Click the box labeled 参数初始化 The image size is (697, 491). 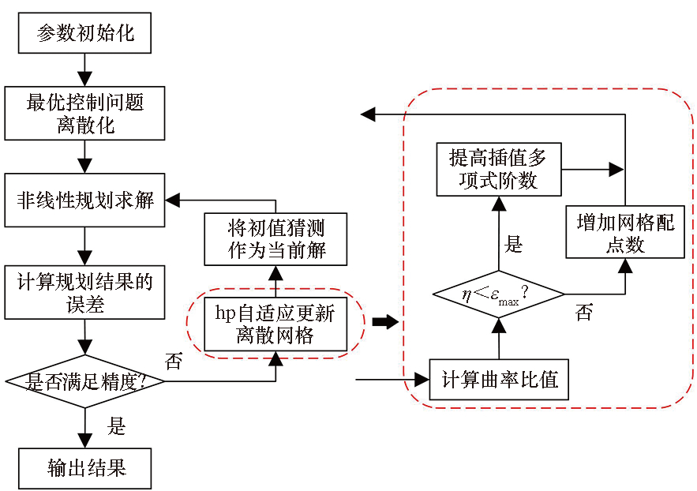(84, 34)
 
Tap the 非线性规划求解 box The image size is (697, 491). (84, 201)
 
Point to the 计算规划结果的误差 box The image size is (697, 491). (84, 292)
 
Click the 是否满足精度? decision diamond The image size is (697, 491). (84, 382)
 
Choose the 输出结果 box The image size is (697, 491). (84, 468)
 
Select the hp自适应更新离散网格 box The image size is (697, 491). (275, 324)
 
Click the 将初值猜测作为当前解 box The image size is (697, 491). (275, 239)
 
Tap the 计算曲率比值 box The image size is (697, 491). (499, 380)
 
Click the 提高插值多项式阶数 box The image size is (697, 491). (498, 169)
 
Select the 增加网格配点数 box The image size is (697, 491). (624, 234)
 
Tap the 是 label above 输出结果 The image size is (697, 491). (116, 428)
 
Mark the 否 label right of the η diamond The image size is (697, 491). (583, 313)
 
